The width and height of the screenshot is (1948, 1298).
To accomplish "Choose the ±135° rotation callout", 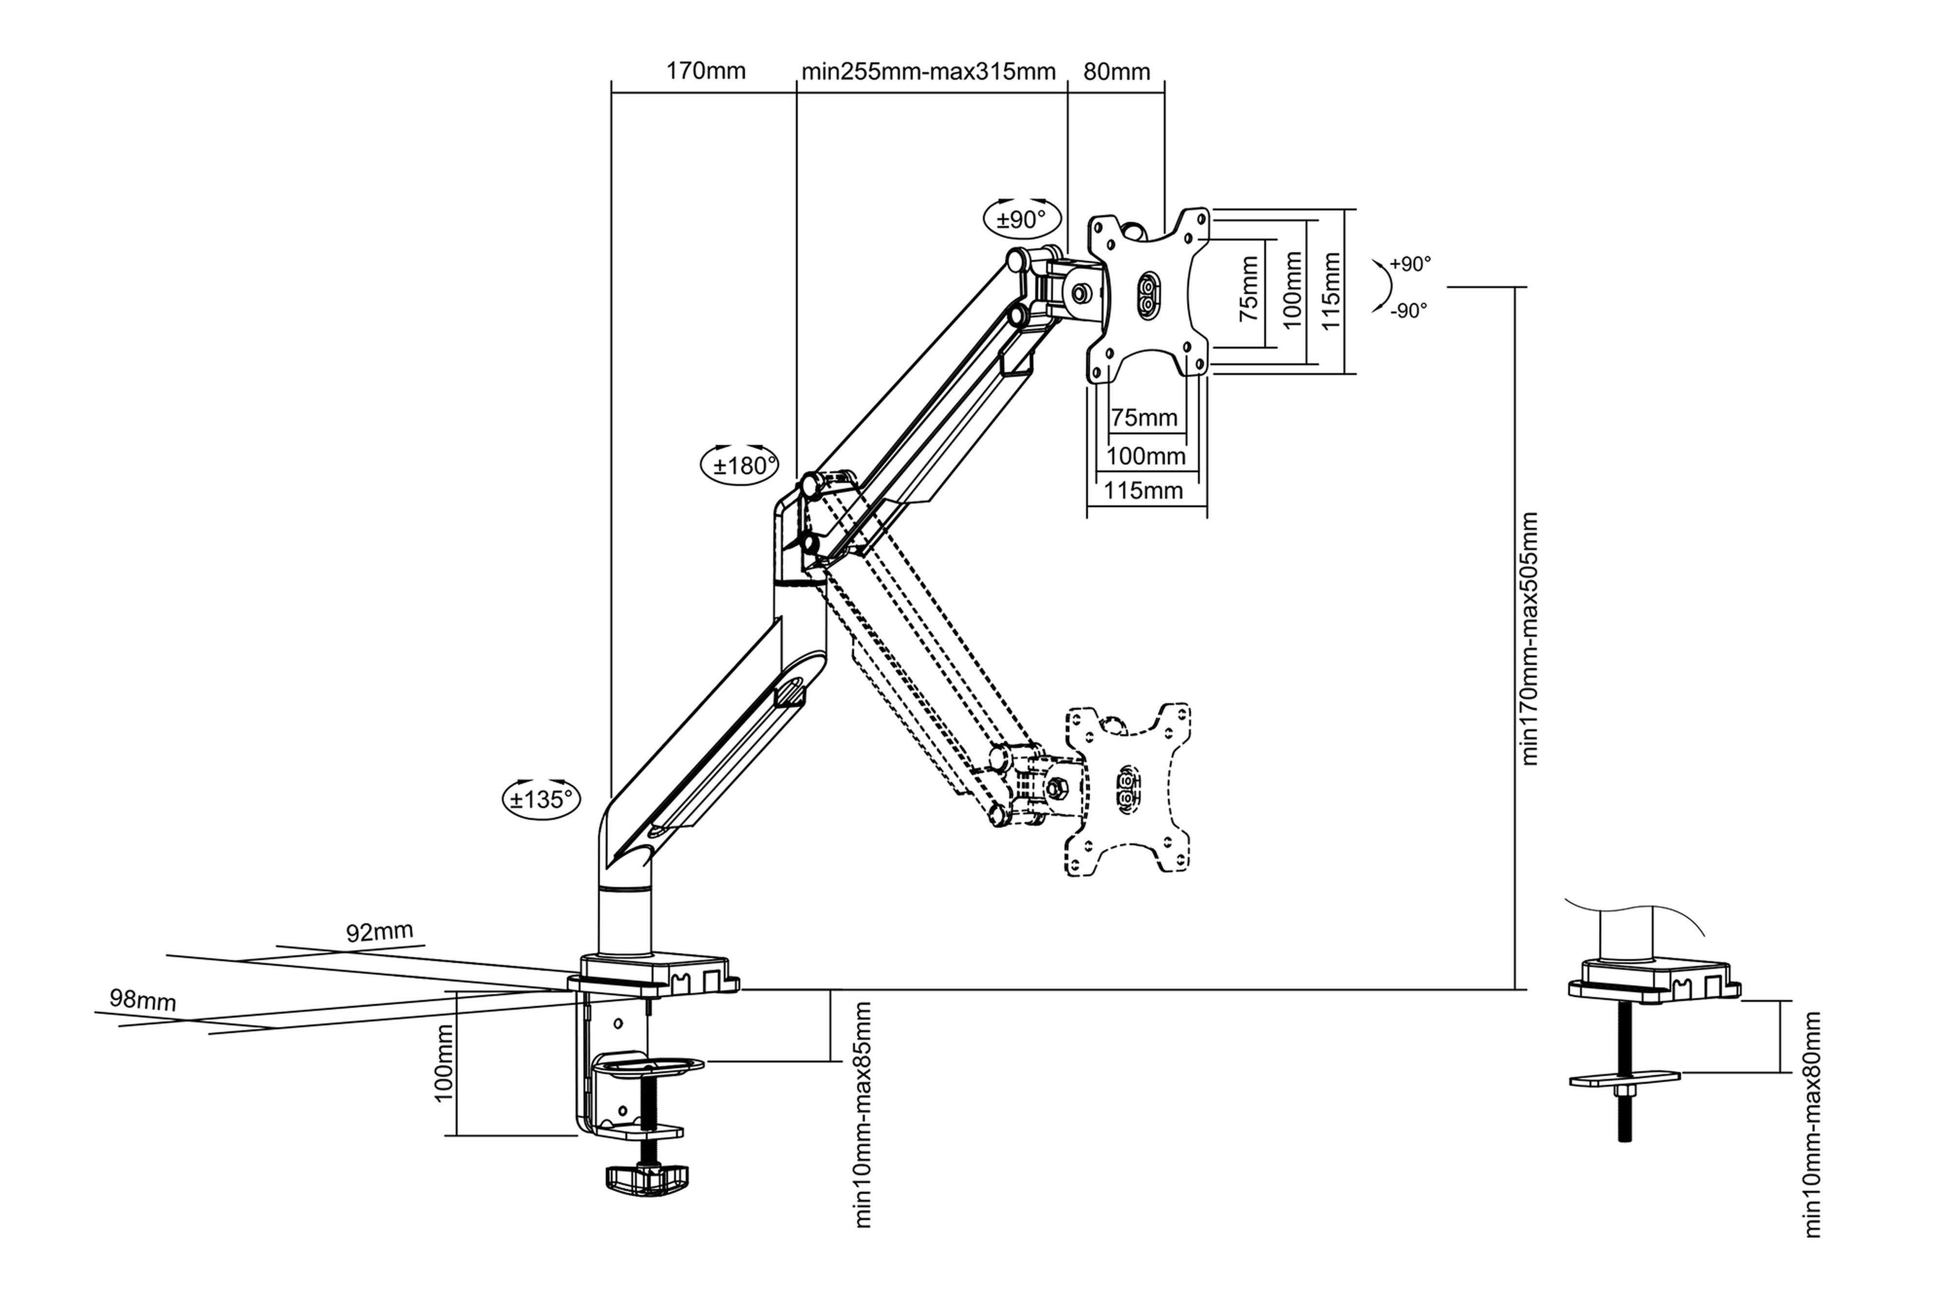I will [542, 799].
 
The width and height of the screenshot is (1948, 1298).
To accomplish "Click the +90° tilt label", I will [1410, 264].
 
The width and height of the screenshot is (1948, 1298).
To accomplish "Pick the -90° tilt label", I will [1408, 311].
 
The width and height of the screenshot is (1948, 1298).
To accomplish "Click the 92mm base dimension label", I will [379, 932].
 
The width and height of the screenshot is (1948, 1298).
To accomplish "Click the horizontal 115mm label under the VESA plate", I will [1143, 491].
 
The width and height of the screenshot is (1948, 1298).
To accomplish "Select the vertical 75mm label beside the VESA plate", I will [1249, 289].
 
